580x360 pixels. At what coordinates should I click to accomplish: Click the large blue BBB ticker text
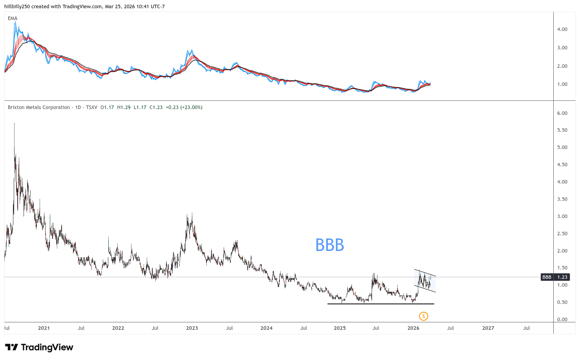330,245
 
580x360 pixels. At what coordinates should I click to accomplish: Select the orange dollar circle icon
423,316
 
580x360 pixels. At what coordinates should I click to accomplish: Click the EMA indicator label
13,18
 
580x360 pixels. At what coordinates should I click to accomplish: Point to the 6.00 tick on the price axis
562,113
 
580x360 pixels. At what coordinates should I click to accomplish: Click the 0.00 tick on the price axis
562,320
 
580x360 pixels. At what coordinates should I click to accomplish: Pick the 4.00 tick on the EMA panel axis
562,29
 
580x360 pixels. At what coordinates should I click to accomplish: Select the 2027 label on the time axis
488,328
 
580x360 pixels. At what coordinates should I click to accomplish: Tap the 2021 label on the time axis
44,328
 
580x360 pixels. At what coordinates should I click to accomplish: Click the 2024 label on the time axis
266,328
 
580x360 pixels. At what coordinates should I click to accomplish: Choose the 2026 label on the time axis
413,328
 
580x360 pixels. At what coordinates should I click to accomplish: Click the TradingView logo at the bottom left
39,347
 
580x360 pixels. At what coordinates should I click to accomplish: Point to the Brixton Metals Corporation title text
39,107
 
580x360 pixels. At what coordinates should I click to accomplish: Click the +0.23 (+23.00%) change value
184,107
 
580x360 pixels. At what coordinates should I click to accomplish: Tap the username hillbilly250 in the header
17,7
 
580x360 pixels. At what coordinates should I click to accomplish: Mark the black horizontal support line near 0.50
381,304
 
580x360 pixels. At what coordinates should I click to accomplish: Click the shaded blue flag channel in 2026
425,281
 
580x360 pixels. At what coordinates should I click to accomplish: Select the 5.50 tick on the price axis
562,130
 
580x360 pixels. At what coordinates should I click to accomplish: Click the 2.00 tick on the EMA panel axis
562,66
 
